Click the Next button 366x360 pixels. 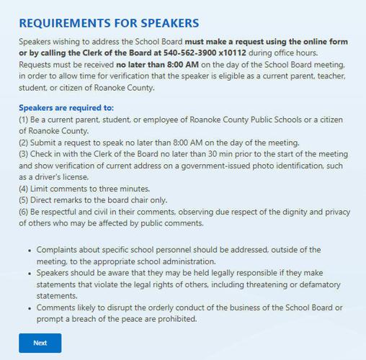click(x=40, y=343)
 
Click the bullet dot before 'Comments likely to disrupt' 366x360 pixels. click(x=30, y=307)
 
